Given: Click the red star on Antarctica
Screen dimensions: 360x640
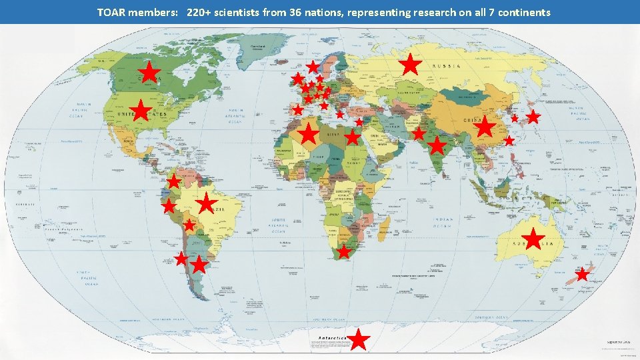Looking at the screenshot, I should pos(359,339).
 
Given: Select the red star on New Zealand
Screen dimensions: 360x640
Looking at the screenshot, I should pos(582,274).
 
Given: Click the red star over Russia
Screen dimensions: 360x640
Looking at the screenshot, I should pos(411,65).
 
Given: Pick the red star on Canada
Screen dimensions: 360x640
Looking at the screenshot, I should pos(150,72).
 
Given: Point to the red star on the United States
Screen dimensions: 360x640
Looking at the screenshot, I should pos(140,111).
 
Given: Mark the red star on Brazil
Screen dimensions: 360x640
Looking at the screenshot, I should pos(207,203).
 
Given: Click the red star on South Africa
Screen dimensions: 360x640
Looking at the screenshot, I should pos(343,252).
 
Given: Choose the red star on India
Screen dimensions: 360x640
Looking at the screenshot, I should pos(437,145).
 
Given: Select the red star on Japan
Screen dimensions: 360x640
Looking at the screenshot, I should pos(533,117).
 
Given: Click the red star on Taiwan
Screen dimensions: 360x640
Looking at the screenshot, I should pos(509,141).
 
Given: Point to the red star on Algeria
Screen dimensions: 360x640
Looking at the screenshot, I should pos(309,134).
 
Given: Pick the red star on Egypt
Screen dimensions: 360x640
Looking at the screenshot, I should pos(352,138).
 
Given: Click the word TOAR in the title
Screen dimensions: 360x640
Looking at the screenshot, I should pos(111,12).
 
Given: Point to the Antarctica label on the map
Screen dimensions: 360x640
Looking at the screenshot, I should pos(331,338).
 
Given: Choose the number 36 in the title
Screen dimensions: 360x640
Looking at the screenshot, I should pos(298,12).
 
